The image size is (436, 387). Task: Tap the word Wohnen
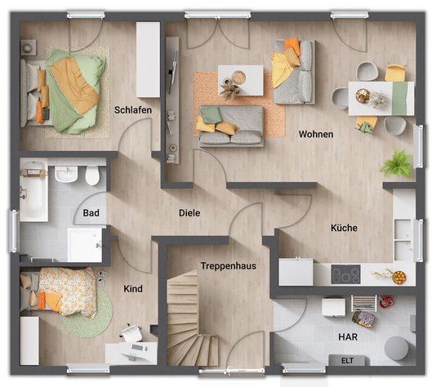pyautogui.click(x=315, y=134)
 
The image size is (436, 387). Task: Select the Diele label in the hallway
pyautogui.click(x=189, y=213)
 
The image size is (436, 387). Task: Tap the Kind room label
pyautogui.click(x=133, y=289)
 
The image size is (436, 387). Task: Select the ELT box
pyautogui.click(x=347, y=360)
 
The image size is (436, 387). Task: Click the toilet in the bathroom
pyautogui.click(x=91, y=175)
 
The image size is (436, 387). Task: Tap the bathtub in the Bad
pyautogui.click(x=33, y=192)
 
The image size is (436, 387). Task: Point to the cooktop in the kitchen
pyautogui.click(x=345, y=275)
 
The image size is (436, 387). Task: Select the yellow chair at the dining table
pyautogui.click(x=395, y=73)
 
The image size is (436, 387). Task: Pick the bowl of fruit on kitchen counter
pyautogui.click(x=399, y=277)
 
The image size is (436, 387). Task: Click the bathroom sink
pyautogui.click(x=66, y=173)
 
